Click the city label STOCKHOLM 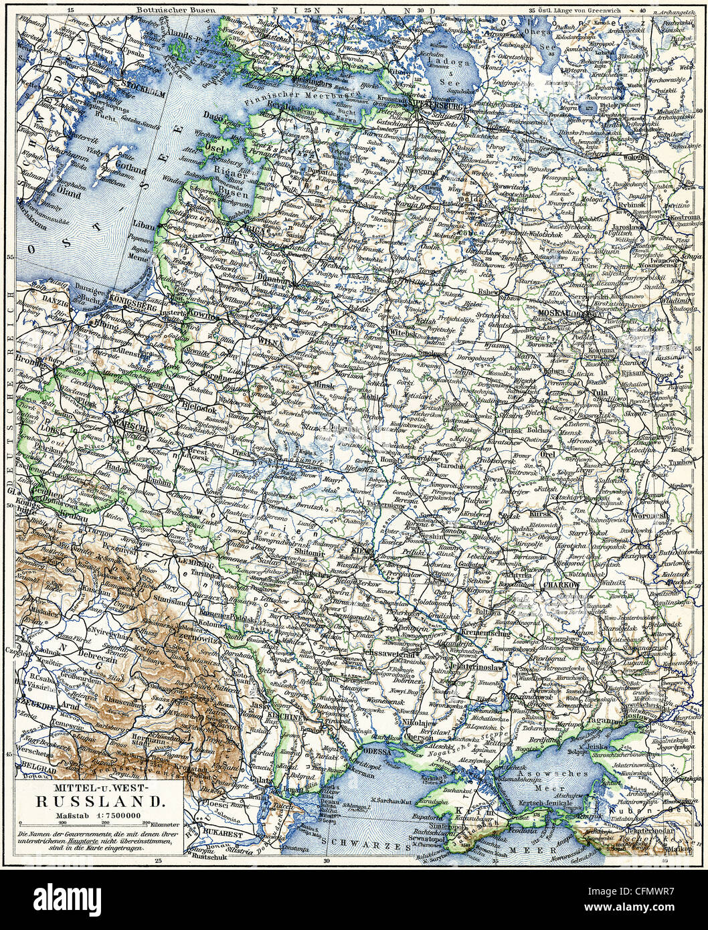pos(144,84)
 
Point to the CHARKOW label pos(561,584)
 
